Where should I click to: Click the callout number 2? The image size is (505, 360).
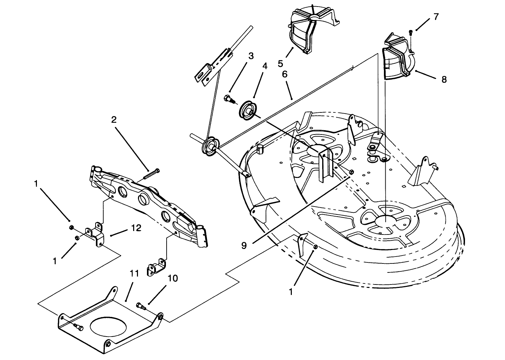(113, 120)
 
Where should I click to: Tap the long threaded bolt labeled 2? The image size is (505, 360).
(150, 173)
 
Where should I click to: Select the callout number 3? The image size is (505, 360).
(251, 56)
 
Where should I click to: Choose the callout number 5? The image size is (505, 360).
(280, 63)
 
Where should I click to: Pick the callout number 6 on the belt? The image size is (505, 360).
(285, 74)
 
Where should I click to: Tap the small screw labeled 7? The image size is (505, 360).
(410, 33)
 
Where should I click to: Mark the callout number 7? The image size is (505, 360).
(436, 17)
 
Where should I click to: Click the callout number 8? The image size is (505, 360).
(444, 80)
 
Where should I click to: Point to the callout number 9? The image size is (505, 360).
(244, 245)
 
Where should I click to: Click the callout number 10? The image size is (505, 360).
(173, 278)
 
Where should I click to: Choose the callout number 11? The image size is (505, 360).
(134, 274)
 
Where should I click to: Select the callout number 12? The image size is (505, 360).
(136, 228)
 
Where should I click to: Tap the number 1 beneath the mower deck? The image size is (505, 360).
(290, 292)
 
